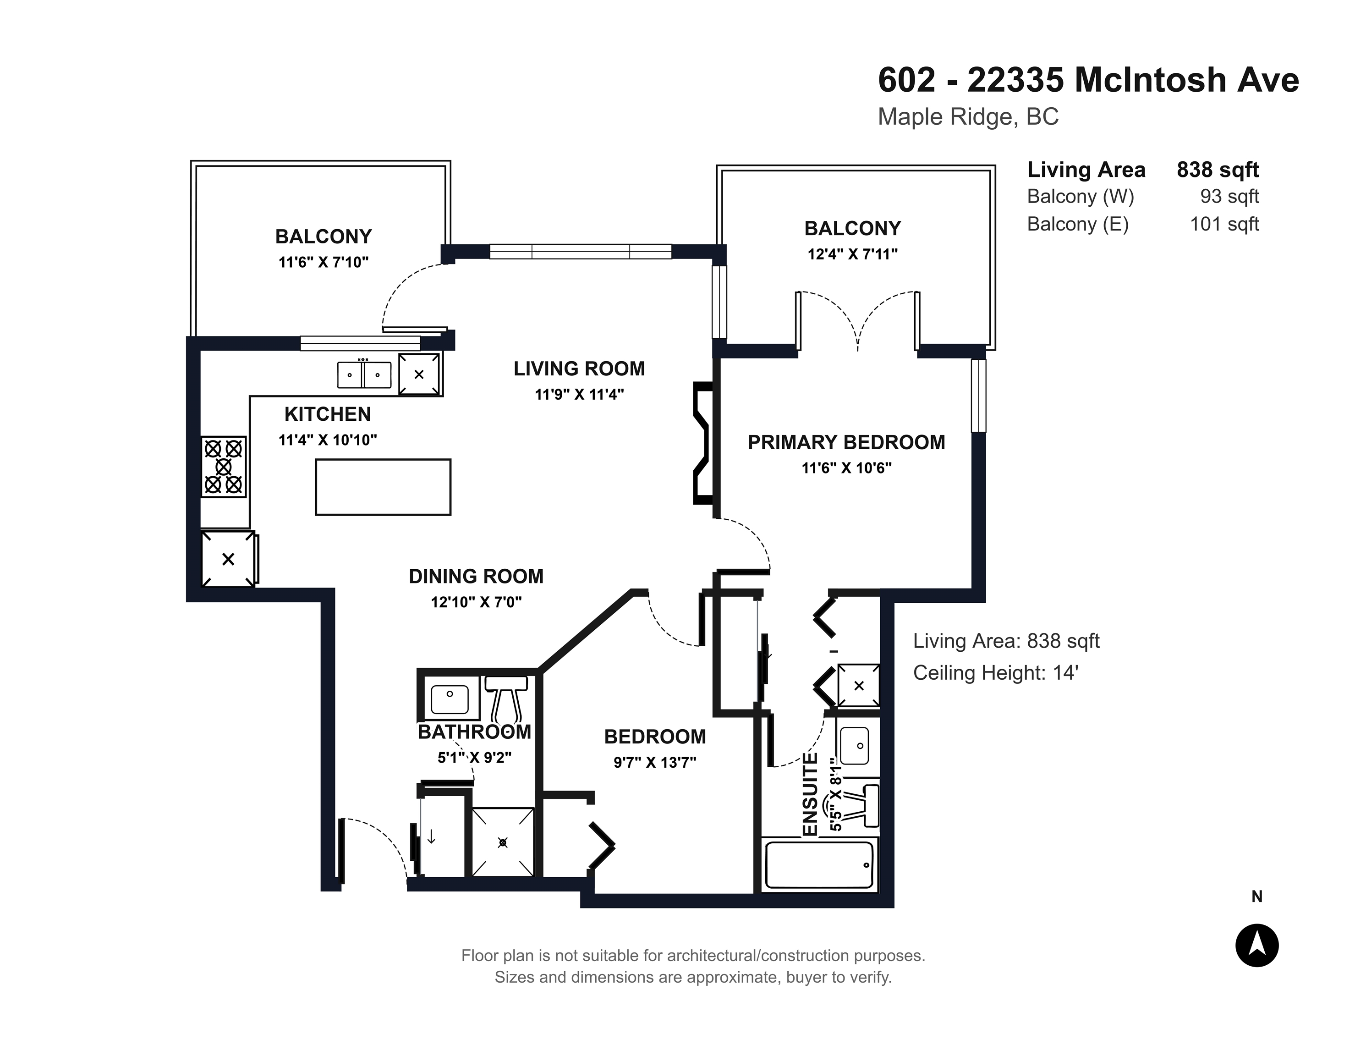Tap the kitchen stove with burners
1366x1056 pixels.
(223, 467)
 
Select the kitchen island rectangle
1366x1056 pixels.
(383, 487)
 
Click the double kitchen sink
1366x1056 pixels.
(364, 375)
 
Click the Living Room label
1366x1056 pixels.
(579, 368)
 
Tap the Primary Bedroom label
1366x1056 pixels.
(846, 442)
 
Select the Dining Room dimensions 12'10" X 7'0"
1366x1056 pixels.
(476, 602)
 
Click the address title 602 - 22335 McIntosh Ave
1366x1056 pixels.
(1088, 80)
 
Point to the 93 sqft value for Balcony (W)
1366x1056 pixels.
(1229, 197)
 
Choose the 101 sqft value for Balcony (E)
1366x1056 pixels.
(1224, 224)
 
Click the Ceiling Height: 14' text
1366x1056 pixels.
(996, 673)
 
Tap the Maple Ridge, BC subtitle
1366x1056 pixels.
(968, 117)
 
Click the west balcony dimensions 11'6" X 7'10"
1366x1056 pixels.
(324, 262)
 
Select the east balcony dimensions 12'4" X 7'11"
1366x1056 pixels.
(852, 254)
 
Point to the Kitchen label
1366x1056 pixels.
(327, 414)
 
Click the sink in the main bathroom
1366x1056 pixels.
(449, 699)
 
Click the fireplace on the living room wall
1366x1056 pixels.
(703, 443)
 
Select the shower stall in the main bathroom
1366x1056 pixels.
(503, 842)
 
